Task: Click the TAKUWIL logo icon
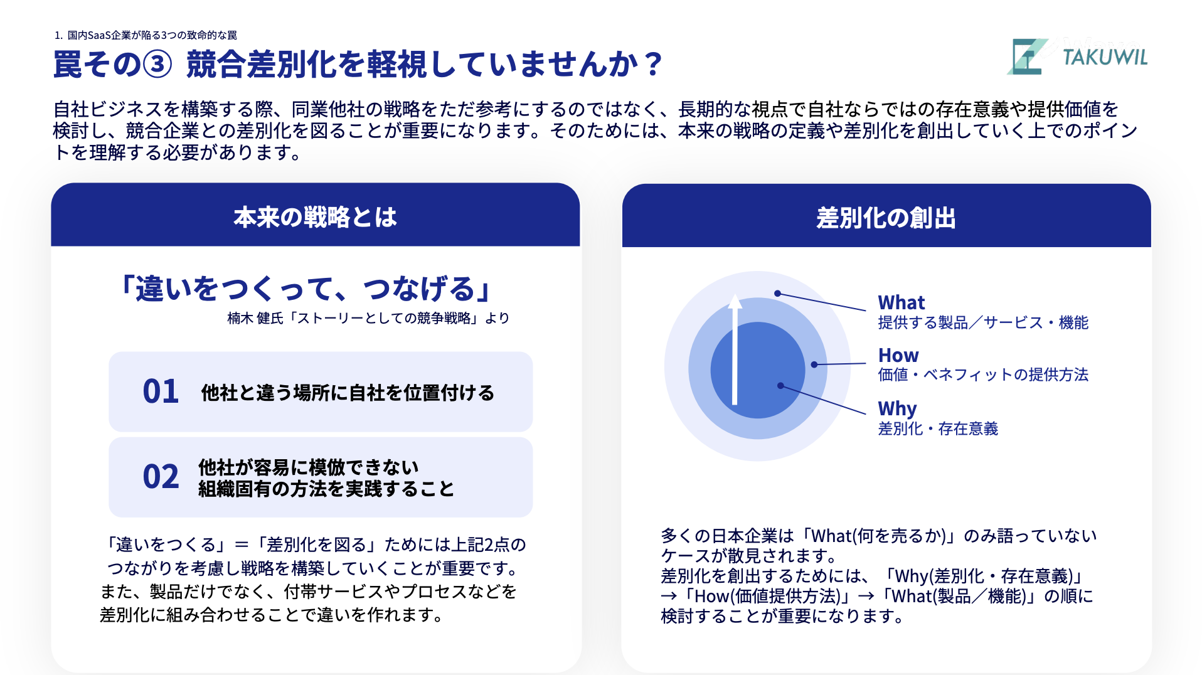(x=1026, y=56)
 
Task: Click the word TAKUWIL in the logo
(x=1105, y=58)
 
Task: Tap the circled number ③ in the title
(x=157, y=65)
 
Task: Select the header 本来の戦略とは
(x=315, y=217)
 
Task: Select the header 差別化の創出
(x=886, y=218)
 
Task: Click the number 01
(x=161, y=391)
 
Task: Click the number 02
(x=161, y=477)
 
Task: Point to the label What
(x=901, y=302)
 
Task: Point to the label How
(x=898, y=355)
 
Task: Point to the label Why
(x=897, y=409)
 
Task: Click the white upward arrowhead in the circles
(x=735, y=302)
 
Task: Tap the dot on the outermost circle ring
(x=777, y=293)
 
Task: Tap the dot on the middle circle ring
(x=814, y=364)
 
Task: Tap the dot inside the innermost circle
(x=780, y=386)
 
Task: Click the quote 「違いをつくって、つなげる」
(x=306, y=289)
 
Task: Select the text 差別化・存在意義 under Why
(x=938, y=429)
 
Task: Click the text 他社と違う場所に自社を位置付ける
(x=348, y=393)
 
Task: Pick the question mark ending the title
(x=654, y=65)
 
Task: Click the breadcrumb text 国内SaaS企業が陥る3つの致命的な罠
(x=152, y=35)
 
